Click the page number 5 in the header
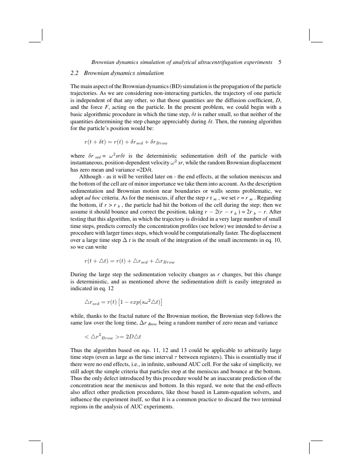280,62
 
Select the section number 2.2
75,73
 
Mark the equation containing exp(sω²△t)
124,302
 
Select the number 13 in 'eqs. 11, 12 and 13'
191,351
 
